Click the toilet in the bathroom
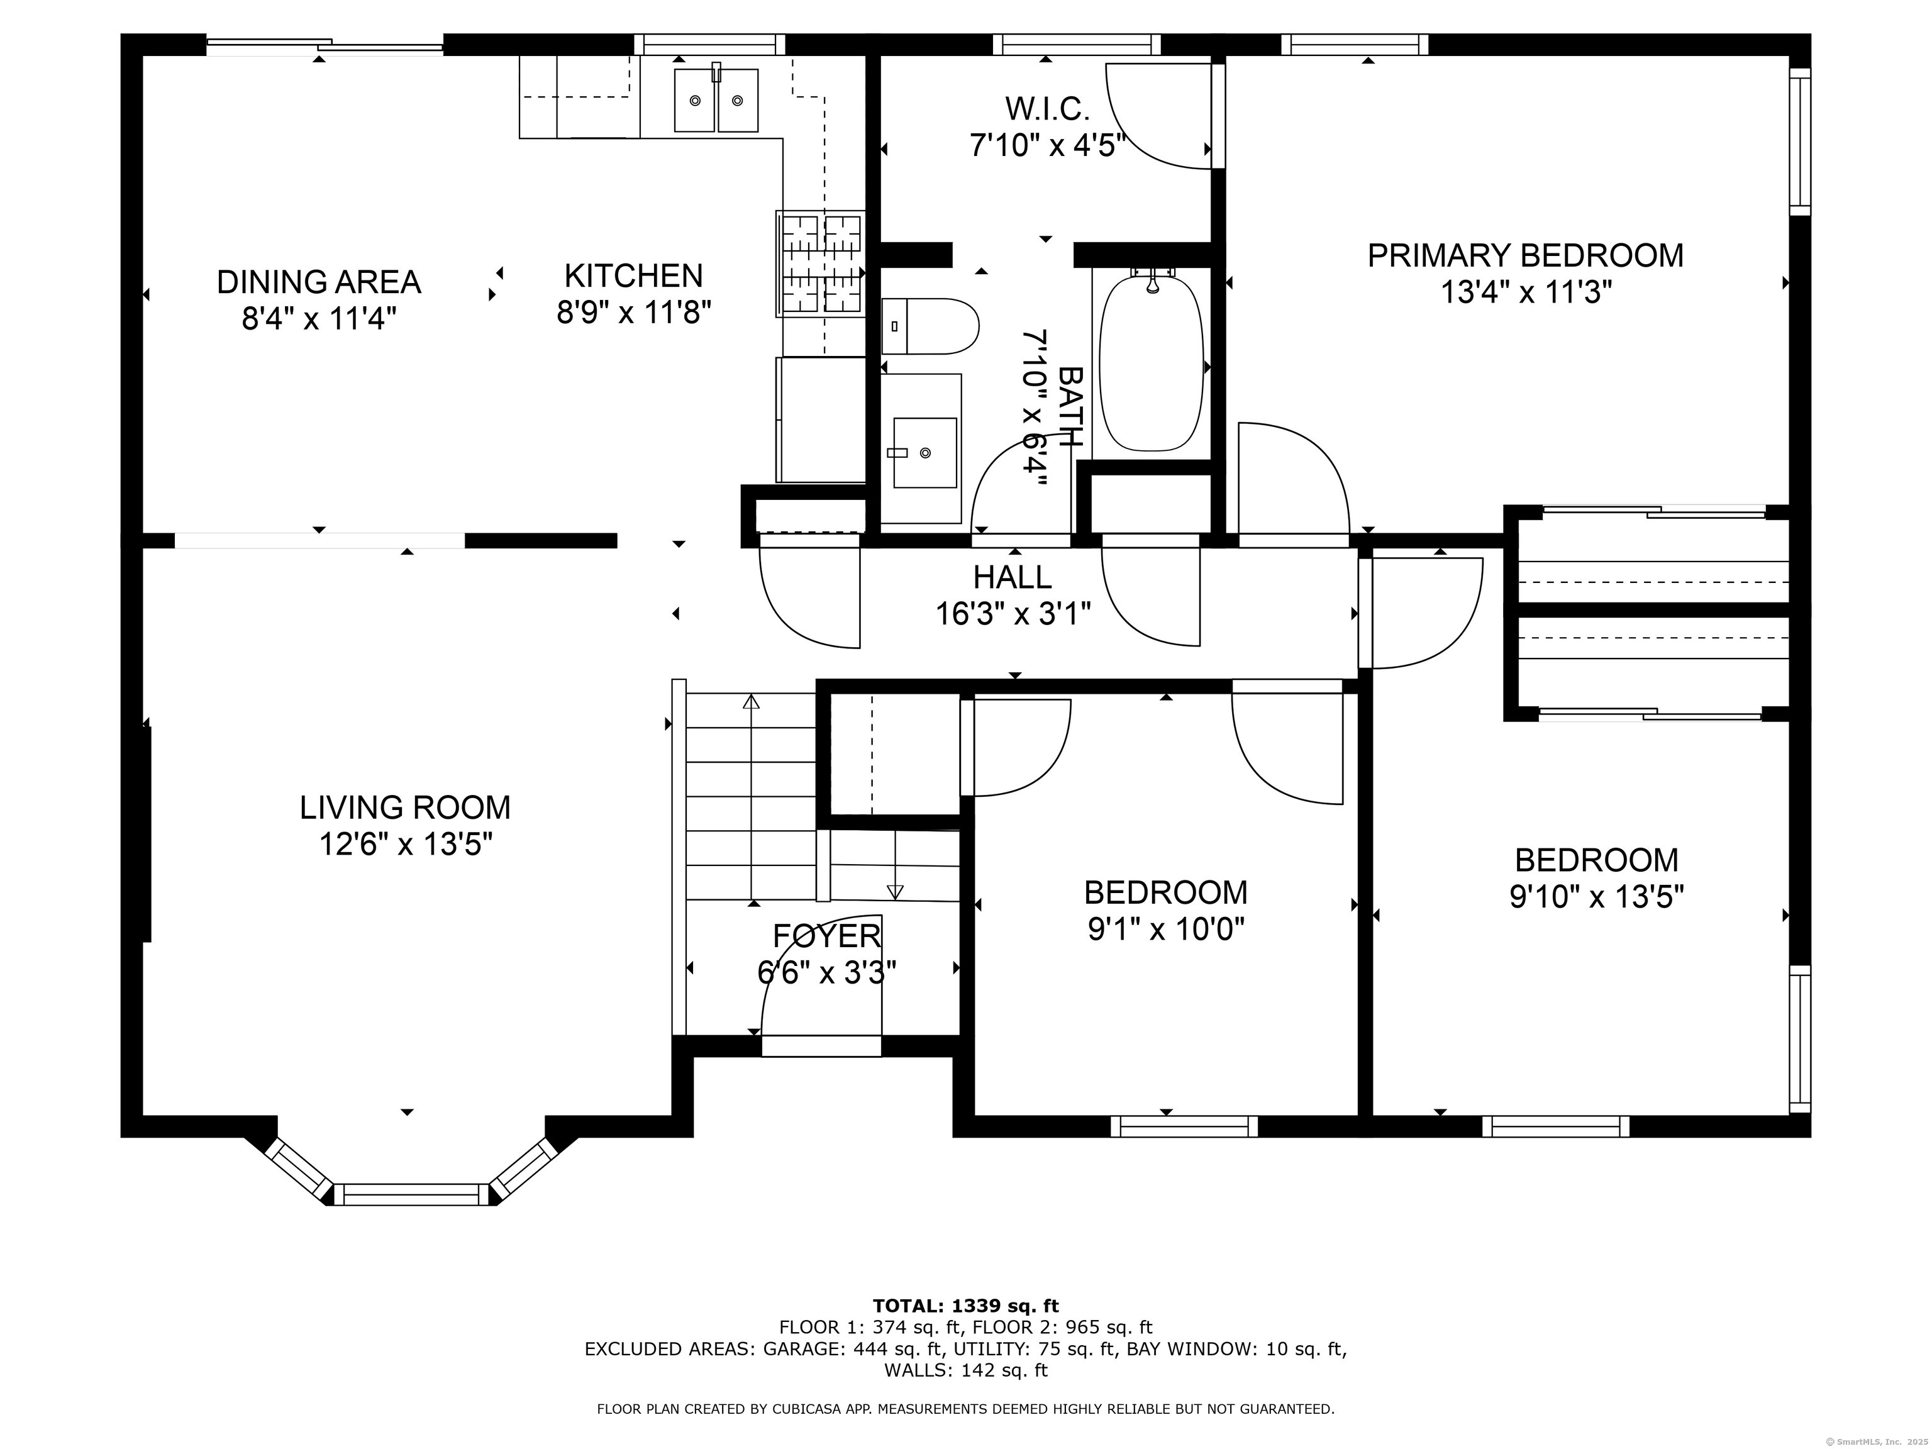coord(930,326)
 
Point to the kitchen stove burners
coord(820,263)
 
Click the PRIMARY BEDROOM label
coord(1525,255)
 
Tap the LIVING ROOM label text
coord(404,807)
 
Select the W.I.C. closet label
coord(1046,108)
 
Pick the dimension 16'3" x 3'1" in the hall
coord(1013,614)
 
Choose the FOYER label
coord(826,935)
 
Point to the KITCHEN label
coord(633,276)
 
